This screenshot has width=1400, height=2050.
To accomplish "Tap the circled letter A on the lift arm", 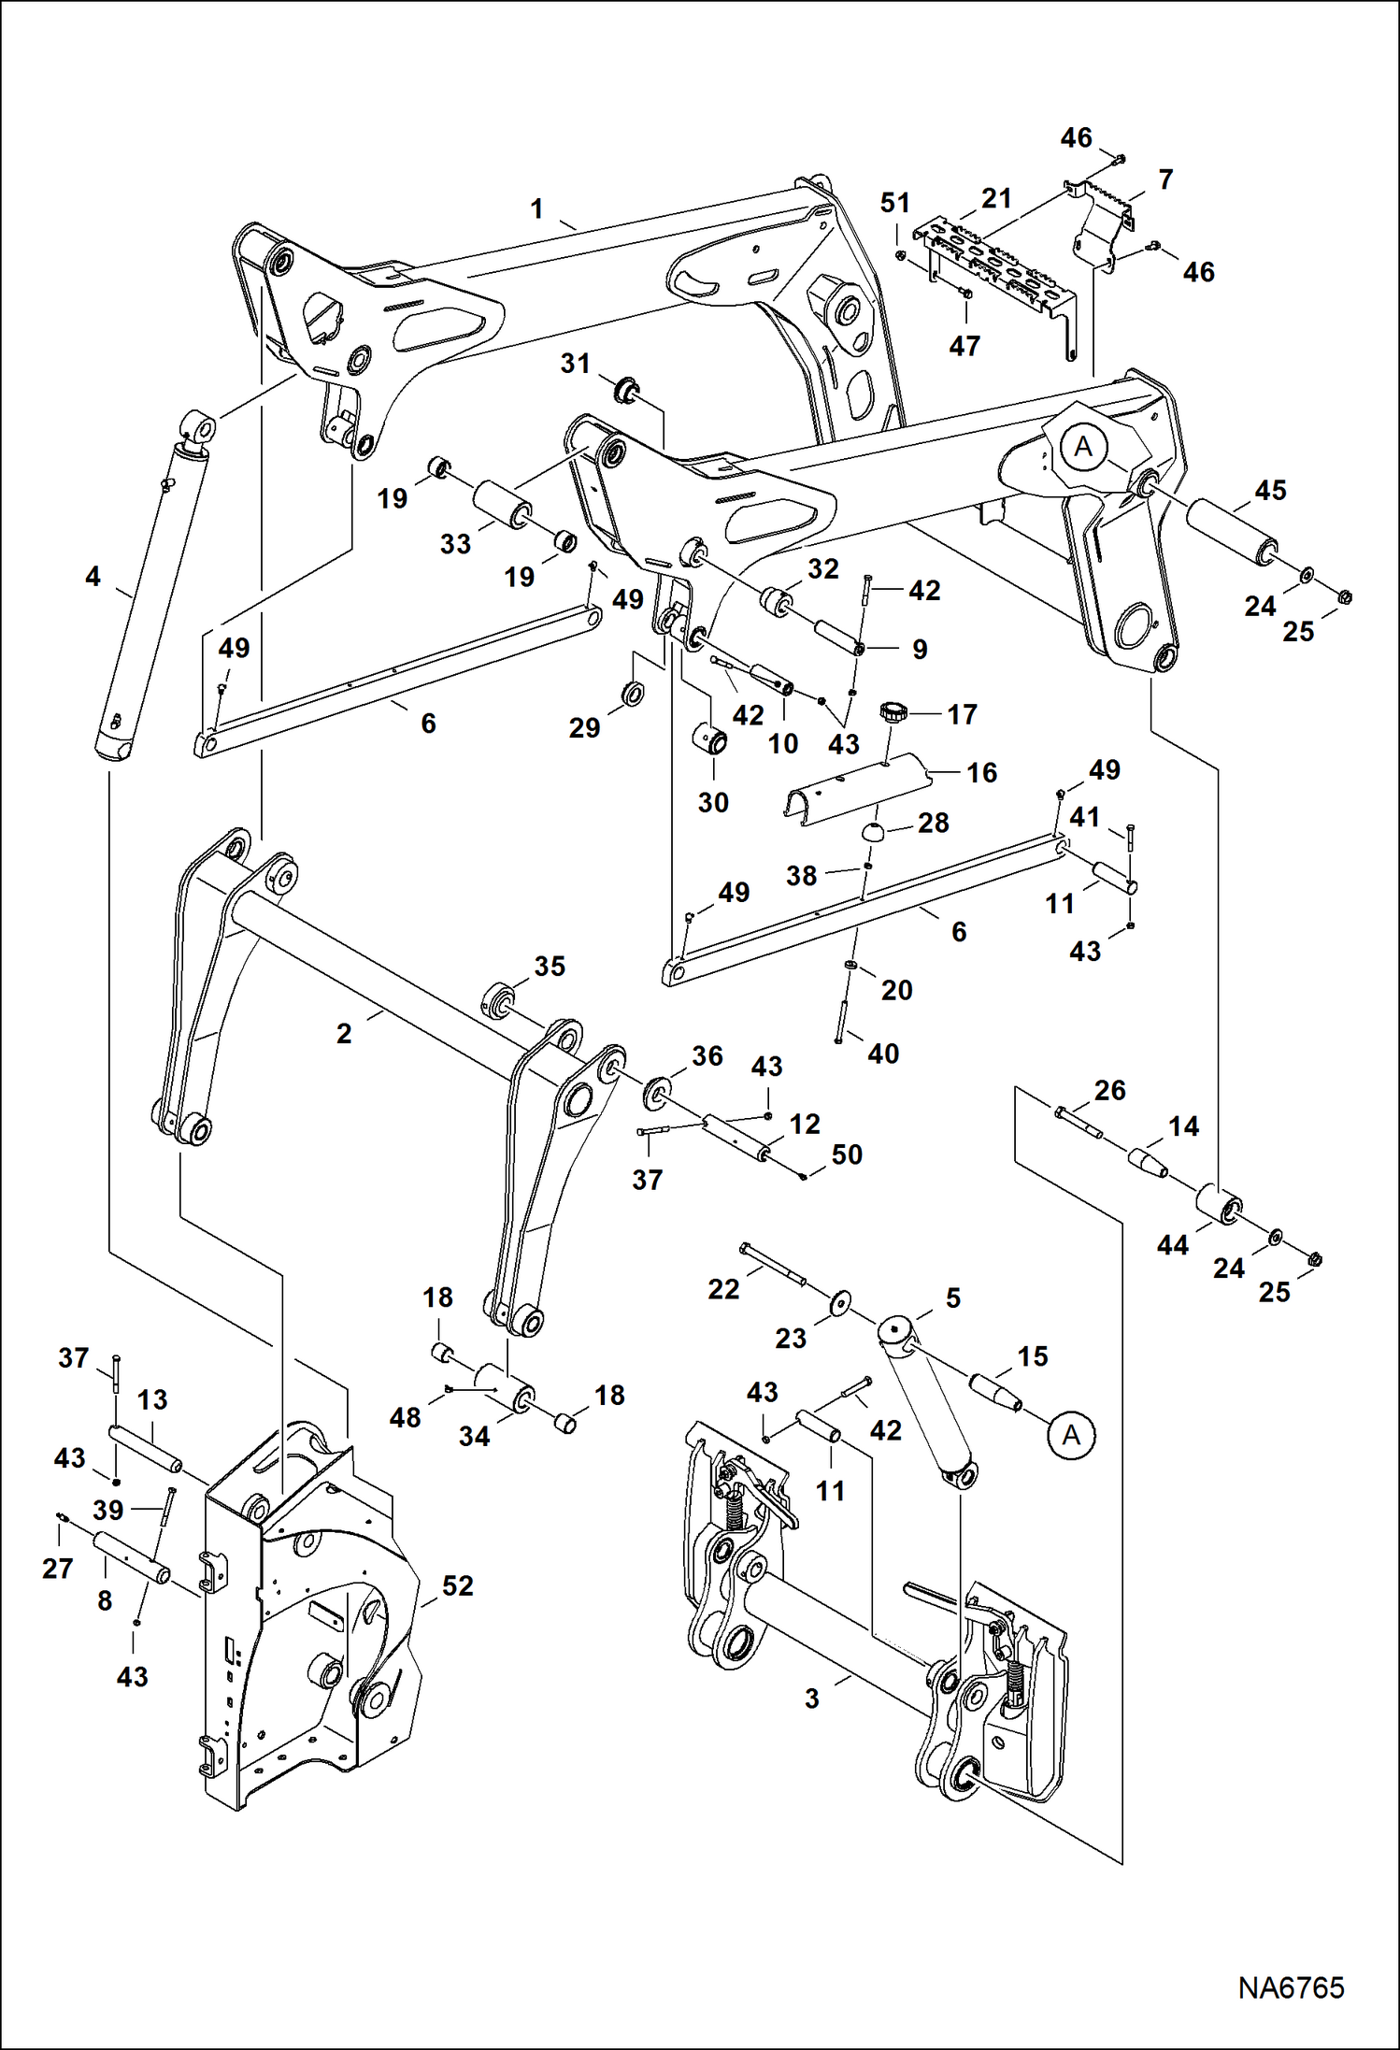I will tap(1082, 447).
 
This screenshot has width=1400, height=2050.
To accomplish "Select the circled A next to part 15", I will tap(1071, 1434).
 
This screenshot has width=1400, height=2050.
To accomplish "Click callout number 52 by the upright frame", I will tap(457, 1585).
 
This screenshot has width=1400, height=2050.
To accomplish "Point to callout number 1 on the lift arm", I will tap(536, 208).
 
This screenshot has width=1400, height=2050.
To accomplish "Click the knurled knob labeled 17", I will tap(893, 714).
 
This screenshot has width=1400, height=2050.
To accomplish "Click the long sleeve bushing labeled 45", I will tap(1233, 535).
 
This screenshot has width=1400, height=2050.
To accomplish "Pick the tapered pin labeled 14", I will tap(1149, 1162).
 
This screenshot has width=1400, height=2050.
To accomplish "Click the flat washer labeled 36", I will tap(659, 1091).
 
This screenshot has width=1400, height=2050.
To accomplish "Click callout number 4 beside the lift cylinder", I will tap(93, 577).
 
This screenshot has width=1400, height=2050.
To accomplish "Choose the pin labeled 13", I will tap(146, 1447).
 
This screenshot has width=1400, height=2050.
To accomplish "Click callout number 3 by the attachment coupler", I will tap(811, 1698).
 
